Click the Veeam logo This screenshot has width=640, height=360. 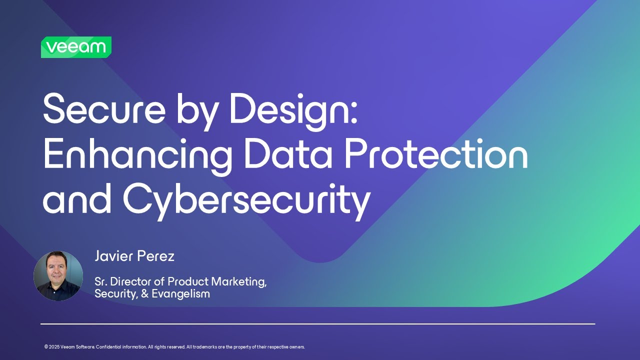[76, 47]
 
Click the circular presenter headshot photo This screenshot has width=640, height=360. [58, 276]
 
